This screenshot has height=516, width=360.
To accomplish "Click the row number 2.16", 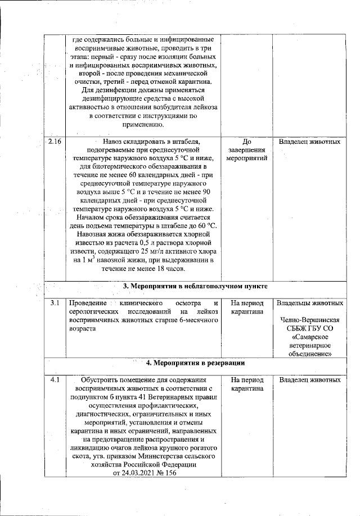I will click(55, 142).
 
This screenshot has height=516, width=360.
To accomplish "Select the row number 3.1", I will click(55, 304).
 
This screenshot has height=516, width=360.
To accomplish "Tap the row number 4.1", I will click(55, 379).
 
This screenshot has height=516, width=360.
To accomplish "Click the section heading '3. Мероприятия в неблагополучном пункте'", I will click(195, 286).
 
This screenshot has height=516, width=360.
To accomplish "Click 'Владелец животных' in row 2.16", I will click(309, 142).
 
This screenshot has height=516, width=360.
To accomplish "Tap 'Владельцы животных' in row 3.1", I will click(309, 304).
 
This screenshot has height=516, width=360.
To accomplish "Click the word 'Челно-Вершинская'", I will click(309, 321).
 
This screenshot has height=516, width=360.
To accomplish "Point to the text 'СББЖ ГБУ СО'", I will click(309, 329).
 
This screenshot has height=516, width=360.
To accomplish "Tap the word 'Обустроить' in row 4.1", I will click(102, 379).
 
